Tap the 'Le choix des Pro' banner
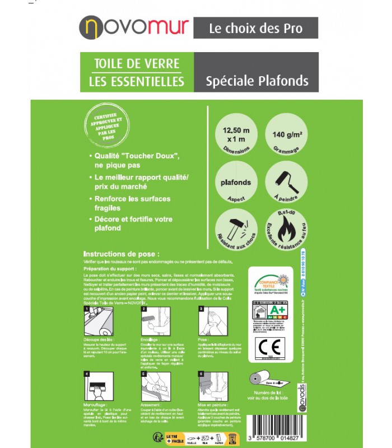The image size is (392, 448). [x=256, y=28]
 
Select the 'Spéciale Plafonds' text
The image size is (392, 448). [x=256, y=81]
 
